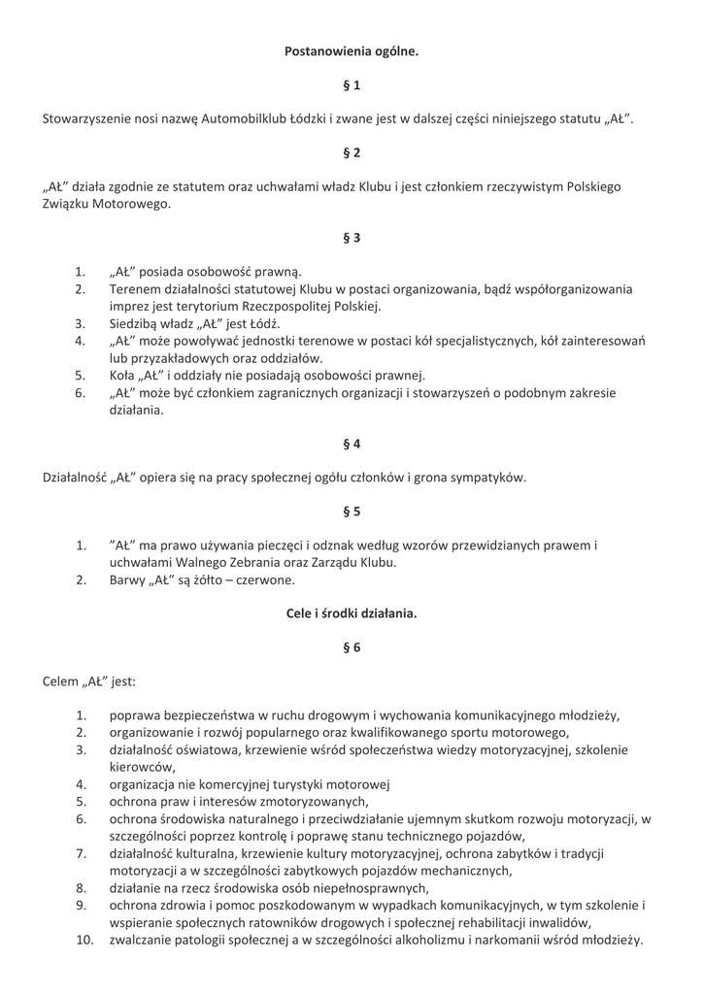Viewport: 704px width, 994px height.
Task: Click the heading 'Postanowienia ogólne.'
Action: click(352, 50)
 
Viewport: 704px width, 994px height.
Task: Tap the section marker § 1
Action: click(352, 85)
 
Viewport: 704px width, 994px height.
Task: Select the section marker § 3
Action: click(352, 237)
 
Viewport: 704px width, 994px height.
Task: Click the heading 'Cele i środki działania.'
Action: click(352, 613)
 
